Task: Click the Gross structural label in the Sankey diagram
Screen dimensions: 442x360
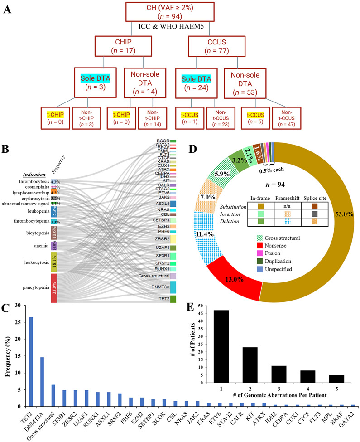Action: coord(154,276)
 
